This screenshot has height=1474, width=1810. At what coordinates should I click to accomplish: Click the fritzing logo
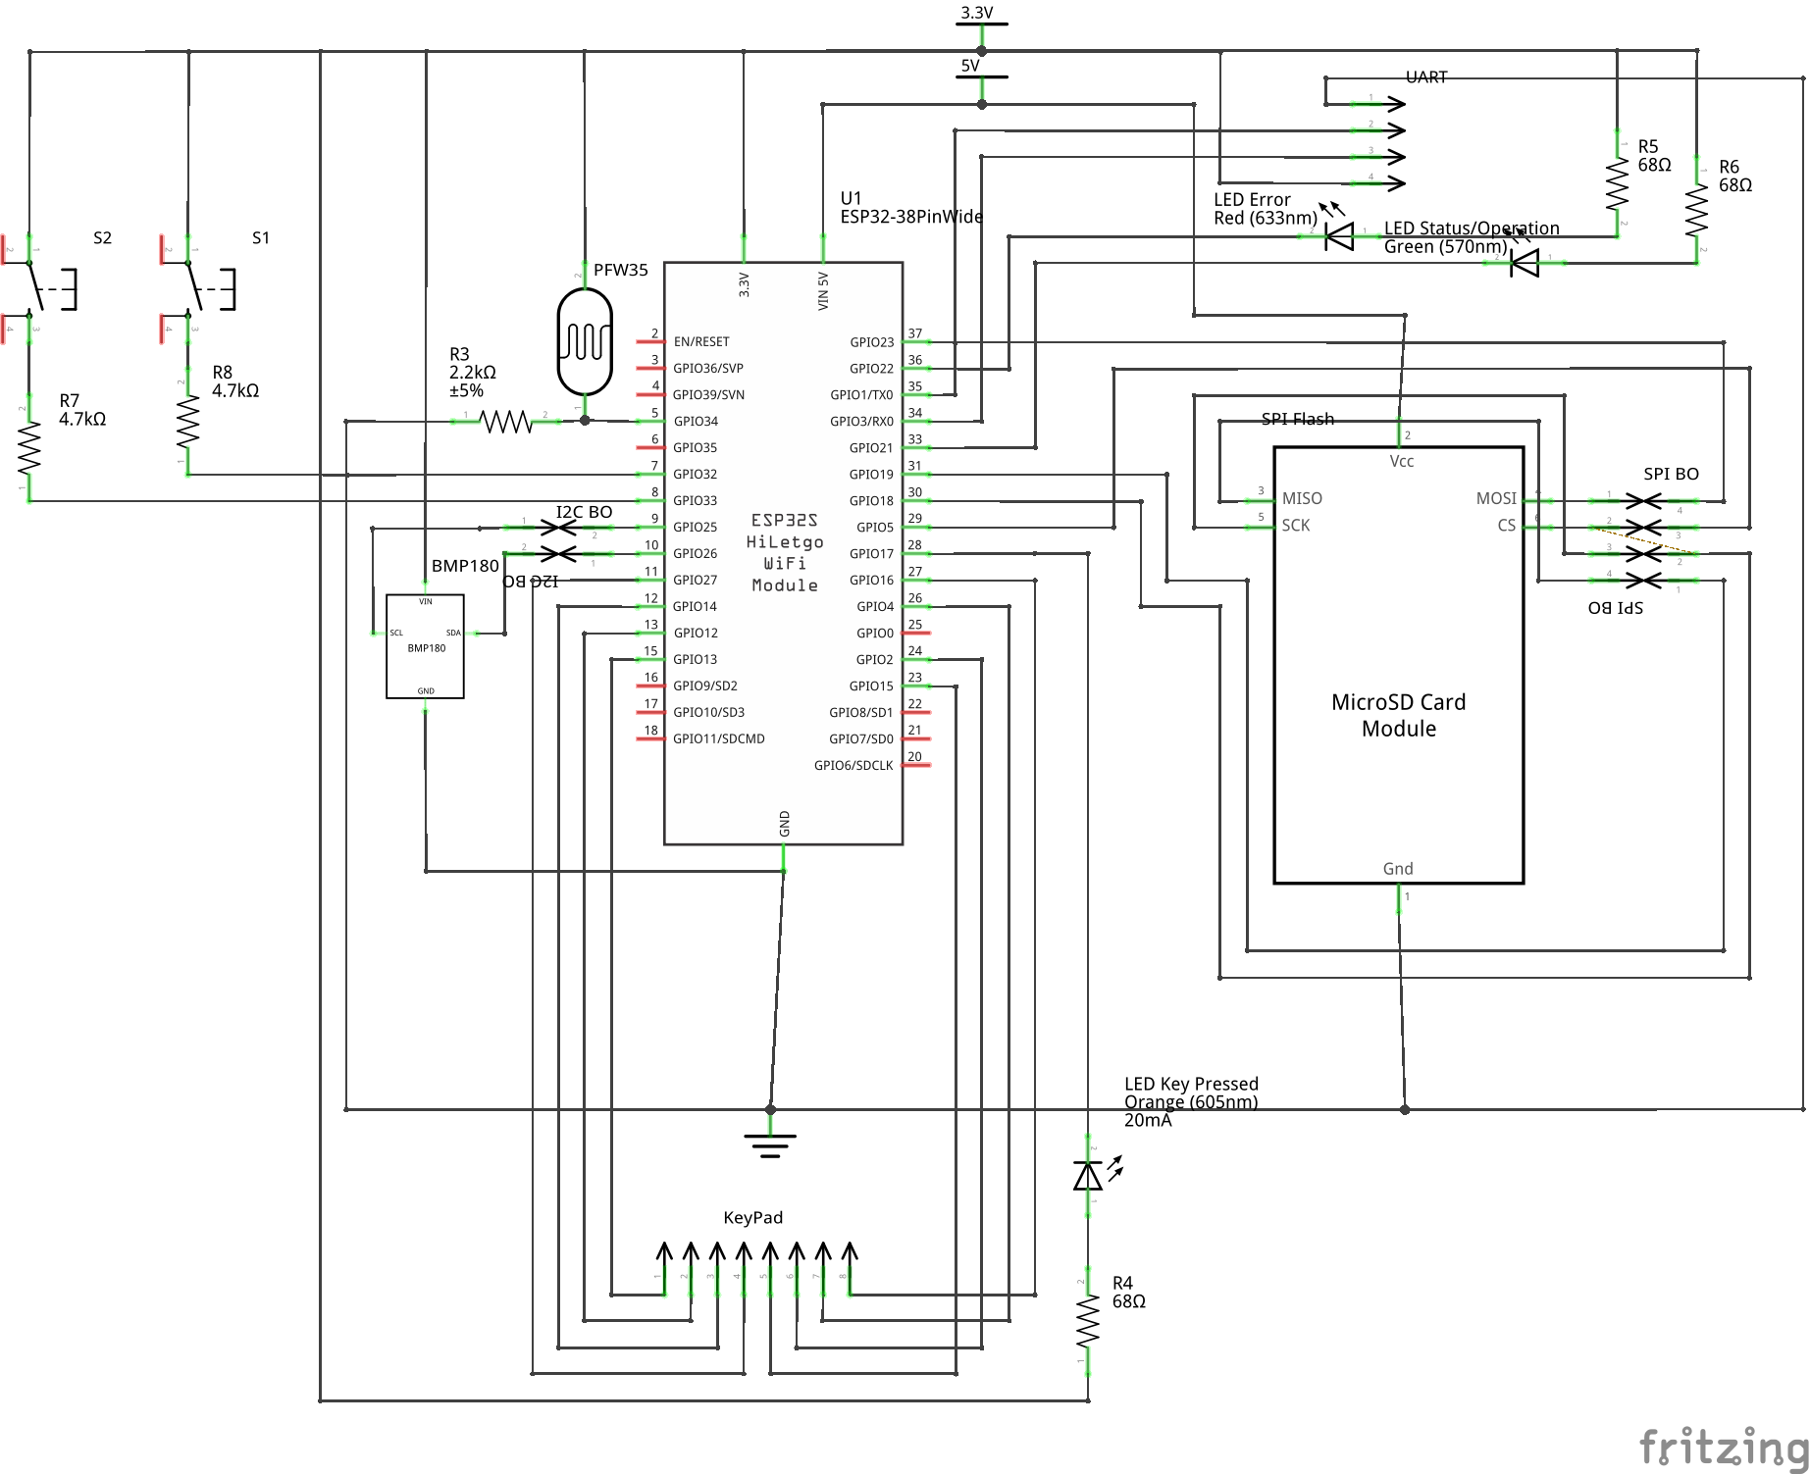coord(1723,1447)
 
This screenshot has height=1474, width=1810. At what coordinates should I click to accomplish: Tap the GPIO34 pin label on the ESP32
coord(696,422)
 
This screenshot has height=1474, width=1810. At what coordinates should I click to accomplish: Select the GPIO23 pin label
coord(871,342)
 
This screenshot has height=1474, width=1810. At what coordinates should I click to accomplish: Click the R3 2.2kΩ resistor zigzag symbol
coord(505,422)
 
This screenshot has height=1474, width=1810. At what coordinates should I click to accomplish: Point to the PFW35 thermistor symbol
coord(585,341)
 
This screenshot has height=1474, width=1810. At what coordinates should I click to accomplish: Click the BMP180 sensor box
coord(425,646)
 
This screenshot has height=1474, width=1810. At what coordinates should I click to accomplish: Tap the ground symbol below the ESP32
coord(770,1144)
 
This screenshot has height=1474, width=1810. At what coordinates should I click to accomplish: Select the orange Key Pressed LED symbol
coord(1088,1175)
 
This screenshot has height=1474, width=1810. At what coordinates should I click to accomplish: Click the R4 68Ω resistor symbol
coord(1088,1323)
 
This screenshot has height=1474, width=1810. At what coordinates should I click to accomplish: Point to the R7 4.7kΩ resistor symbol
coord(29,447)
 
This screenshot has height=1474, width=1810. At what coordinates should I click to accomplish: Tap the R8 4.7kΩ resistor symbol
coord(187,421)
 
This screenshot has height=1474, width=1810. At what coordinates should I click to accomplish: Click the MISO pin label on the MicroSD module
coord(1302,499)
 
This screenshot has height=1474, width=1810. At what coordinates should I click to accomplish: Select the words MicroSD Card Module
coord(1398,716)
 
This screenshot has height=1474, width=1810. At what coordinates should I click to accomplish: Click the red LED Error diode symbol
coord(1339,236)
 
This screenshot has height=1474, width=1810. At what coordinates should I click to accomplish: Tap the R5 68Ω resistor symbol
coord(1617,184)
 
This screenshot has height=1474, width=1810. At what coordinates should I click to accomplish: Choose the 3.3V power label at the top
coord(976,13)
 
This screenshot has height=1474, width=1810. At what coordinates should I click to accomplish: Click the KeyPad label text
coord(752,1218)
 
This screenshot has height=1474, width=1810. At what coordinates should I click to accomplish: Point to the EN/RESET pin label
coord(701,342)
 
